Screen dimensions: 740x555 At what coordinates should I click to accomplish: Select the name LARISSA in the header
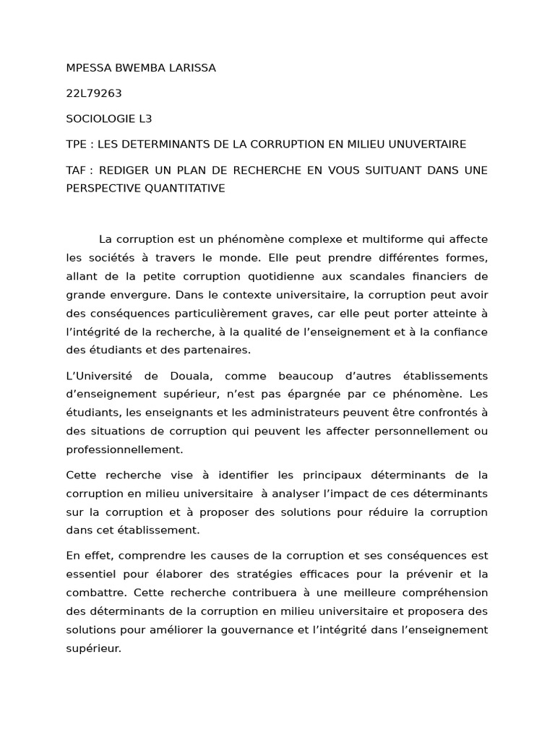coord(193,68)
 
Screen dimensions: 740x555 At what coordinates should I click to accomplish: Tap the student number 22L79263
coord(92,93)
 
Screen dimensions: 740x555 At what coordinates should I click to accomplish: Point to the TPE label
coord(77,145)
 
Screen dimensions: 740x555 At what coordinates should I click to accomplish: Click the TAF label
coord(77,170)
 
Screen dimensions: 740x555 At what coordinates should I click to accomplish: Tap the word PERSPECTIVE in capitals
coord(104,188)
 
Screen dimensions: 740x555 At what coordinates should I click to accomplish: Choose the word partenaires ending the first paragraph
coord(218,350)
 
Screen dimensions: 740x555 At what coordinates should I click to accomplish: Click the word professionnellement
coord(124,449)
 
